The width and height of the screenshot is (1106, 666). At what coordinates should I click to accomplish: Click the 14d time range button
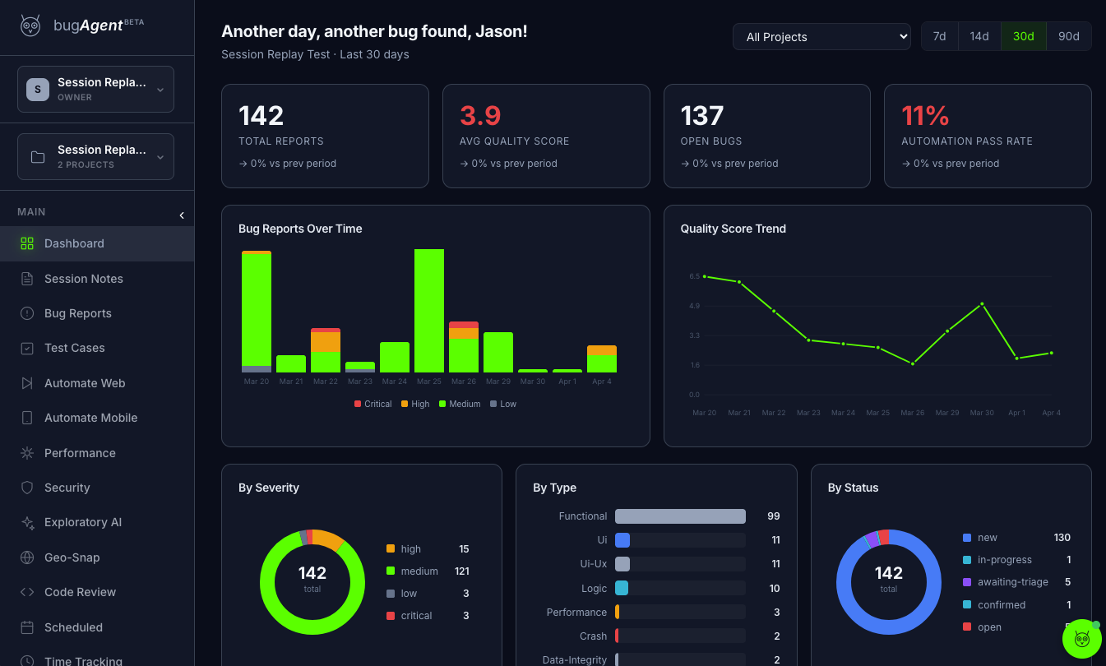click(x=979, y=36)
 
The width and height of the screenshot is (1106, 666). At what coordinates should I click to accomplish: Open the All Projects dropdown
click(x=821, y=36)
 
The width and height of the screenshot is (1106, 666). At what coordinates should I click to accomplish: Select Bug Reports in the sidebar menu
click(x=77, y=313)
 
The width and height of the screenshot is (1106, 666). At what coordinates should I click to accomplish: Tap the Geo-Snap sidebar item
click(x=72, y=557)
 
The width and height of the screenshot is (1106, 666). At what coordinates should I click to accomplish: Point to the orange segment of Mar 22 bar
click(x=326, y=341)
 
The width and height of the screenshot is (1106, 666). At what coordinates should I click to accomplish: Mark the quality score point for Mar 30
click(x=982, y=304)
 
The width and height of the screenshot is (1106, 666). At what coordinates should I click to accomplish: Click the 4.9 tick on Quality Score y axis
click(x=694, y=306)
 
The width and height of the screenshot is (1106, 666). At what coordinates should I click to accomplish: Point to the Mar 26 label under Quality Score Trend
click(x=912, y=413)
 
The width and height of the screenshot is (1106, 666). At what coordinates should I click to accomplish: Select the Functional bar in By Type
click(x=680, y=516)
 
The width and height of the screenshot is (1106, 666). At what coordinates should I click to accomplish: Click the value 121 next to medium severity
click(x=461, y=571)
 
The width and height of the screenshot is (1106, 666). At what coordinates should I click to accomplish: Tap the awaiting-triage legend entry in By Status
click(x=1012, y=582)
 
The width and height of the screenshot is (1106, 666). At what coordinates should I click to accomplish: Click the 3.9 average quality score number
click(x=480, y=115)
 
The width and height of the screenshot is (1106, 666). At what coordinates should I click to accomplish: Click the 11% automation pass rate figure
click(x=925, y=115)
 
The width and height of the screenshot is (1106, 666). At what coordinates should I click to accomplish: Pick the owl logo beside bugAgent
click(x=30, y=25)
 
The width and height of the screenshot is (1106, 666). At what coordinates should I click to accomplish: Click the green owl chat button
click(x=1081, y=638)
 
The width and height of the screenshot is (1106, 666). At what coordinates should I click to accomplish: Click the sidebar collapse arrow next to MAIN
click(x=182, y=215)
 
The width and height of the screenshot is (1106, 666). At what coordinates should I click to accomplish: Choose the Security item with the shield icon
click(x=67, y=488)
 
